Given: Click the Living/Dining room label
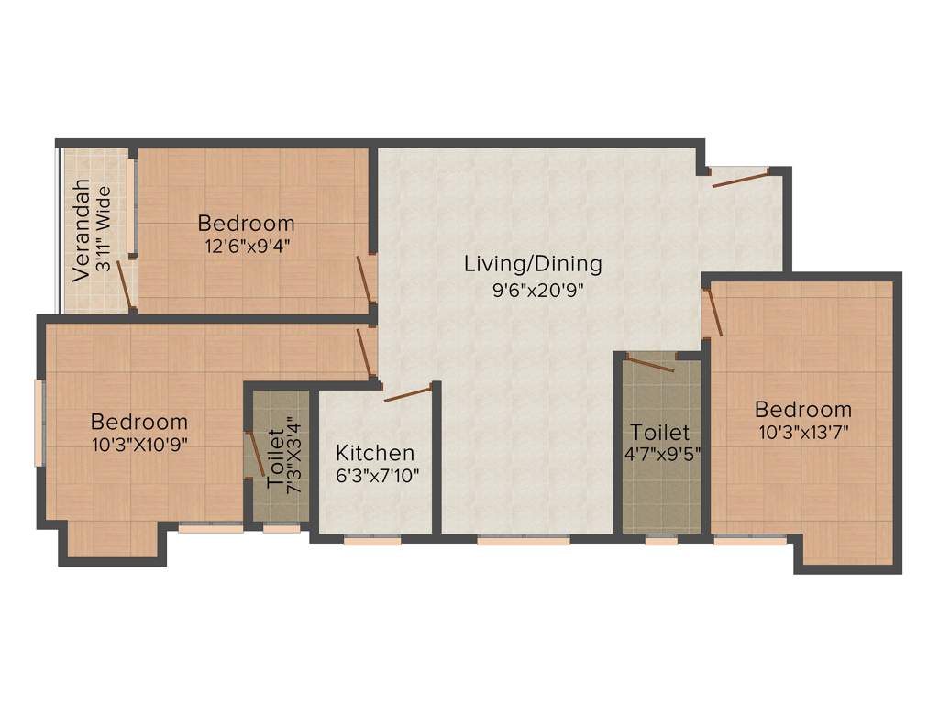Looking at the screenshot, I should pos(533,264).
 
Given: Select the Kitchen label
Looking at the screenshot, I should pos(374,453).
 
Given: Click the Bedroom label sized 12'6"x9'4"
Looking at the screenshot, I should pos(246,223).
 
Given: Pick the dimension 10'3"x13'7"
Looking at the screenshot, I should pos(802,432).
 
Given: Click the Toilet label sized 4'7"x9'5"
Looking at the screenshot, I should pos(659,432).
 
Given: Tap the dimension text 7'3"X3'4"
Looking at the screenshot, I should pos(293,456).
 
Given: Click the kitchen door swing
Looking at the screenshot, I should pos(407,395).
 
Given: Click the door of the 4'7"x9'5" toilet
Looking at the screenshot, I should pos(651,363).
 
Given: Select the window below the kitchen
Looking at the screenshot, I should pos(372,541).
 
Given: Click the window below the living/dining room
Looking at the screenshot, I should pos(524,541).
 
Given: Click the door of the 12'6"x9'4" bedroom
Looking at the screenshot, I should pos(366,280).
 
